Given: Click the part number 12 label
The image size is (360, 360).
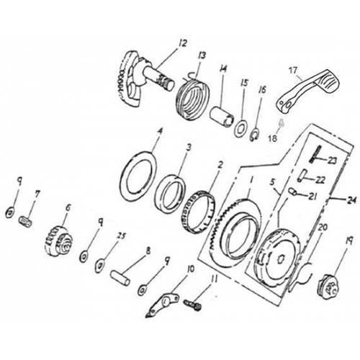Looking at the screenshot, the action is coord(183,44).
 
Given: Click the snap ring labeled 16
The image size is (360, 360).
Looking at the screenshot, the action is coord(255,135).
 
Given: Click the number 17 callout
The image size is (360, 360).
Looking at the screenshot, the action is coord(294,71).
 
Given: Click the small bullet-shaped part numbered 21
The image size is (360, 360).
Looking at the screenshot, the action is coord(293,191).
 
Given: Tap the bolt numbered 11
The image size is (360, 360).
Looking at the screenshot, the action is coord(193,304).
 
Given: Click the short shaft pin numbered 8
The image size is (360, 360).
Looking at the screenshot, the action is coord(120,278).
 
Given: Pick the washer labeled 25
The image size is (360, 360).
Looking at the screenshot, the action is coord(100,265).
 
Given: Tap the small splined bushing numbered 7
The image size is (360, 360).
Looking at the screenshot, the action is coord(25,221).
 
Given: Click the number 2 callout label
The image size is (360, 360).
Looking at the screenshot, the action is coord(220,165).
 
